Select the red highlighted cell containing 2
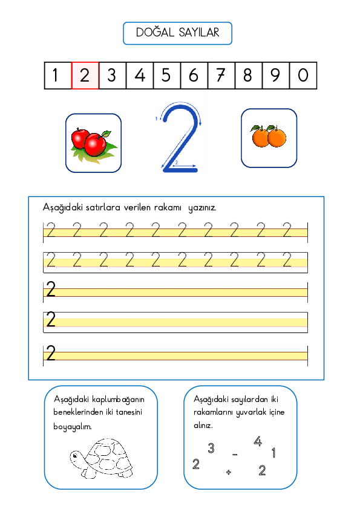click(x=85, y=76)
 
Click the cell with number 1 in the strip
click(x=57, y=76)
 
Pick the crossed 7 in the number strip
click(x=221, y=76)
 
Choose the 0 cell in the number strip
click(x=303, y=76)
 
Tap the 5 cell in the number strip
click(x=166, y=76)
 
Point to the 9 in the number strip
click(x=275, y=76)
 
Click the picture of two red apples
click(x=93, y=143)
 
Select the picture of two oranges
click(x=269, y=137)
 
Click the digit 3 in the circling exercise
click(x=211, y=448)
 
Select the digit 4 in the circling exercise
click(x=258, y=442)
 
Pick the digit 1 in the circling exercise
click(x=274, y=453)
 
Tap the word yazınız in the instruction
click(x=203, y=207)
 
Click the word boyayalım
click(x=73, y=426)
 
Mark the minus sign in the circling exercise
click(x=235, y=454)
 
